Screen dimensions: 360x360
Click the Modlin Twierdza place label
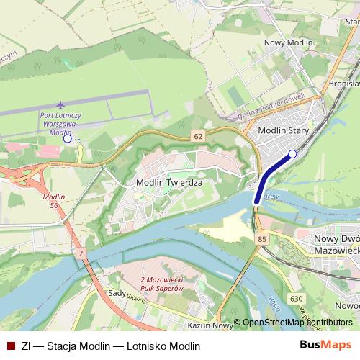(169, 183)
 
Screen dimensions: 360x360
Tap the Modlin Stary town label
(283, 131)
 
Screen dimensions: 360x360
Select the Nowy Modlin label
(289, 43)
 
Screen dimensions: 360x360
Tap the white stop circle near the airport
(67, 140)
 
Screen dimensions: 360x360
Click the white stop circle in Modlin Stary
(292, 153)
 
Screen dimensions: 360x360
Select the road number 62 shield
(197, 135)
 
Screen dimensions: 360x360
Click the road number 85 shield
(261, 239)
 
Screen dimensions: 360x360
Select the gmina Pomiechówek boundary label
(272, 106)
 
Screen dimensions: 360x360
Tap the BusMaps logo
(326, 345)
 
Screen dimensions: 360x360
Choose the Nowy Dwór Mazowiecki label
(337, 243)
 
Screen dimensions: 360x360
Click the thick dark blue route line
(270, 174)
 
